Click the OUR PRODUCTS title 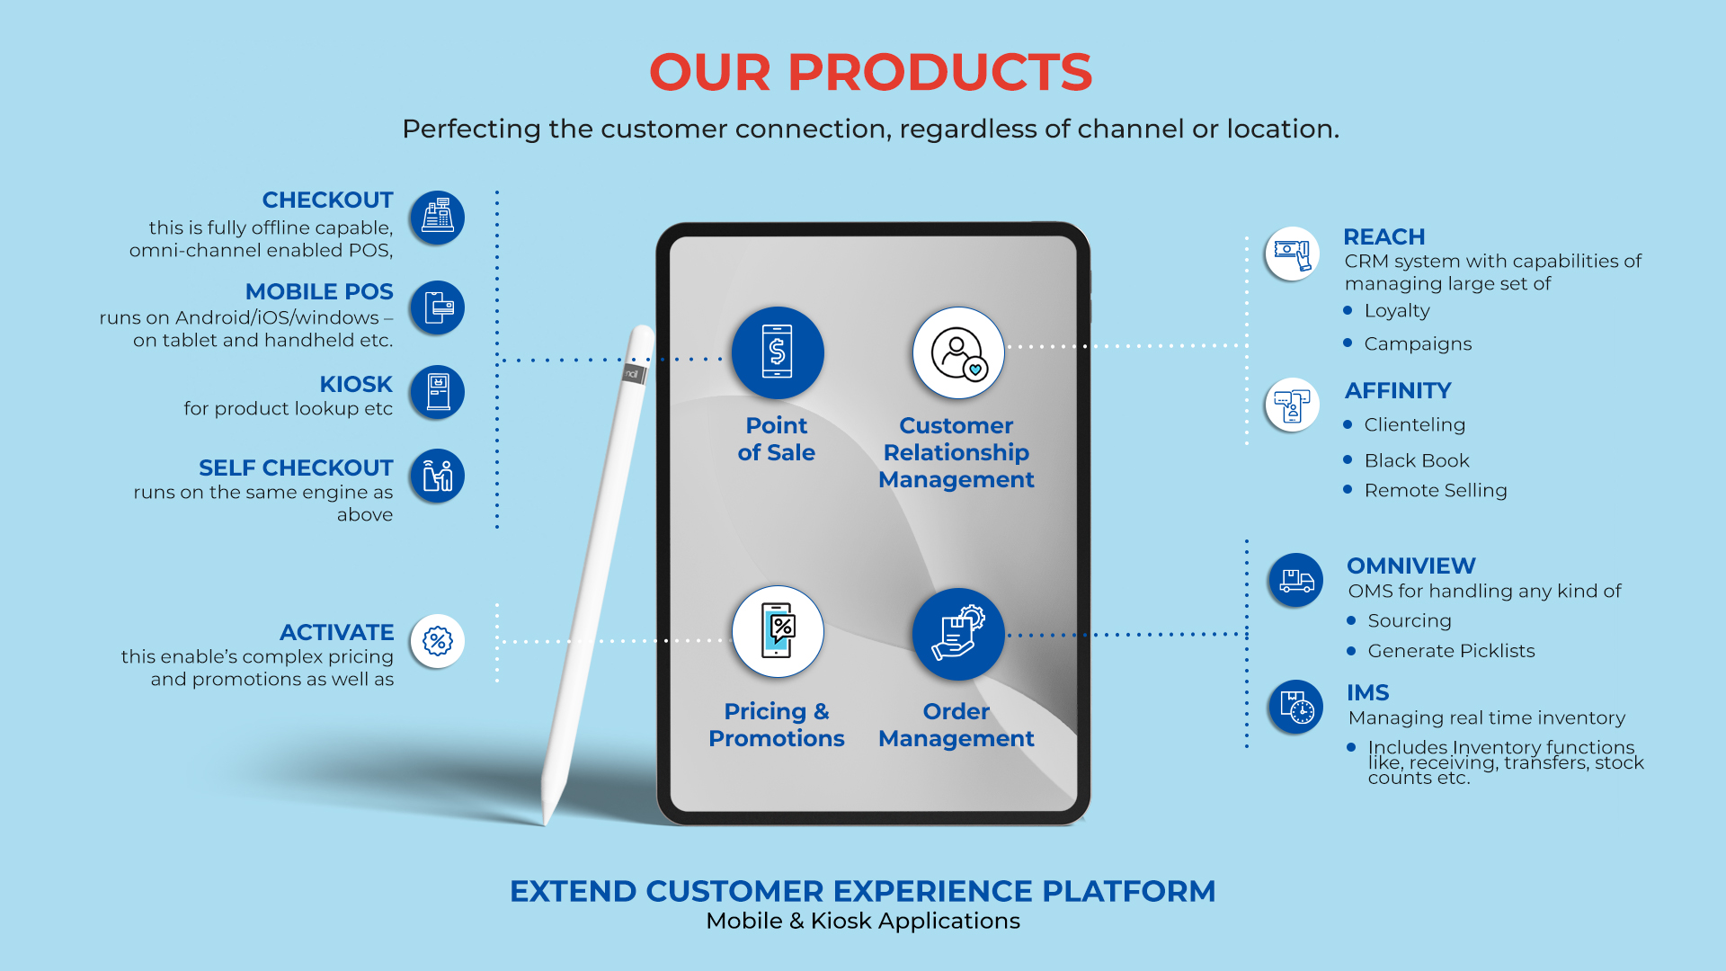pos(870,72)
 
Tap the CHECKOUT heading pos(327,200)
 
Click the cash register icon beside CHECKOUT pos(437,218)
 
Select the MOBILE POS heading pos(319,291)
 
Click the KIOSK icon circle pos(437,392)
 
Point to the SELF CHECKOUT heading pos(296,468)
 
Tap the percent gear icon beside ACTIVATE pos(437,641)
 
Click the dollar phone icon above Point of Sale pos(778,352)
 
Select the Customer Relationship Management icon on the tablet pos(958,352)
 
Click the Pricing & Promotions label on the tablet pos(777,725)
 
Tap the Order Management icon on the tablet pos(958,634)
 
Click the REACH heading pos(1383,236)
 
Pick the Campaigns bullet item pos(1418,343)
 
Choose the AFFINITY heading pos(1398,390)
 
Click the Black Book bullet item pos(1417,460)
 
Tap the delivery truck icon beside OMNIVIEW pos(1295,580)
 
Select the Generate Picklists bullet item pos(1451,651)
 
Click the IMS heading pos(1367,692)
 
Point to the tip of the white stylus pos(546,822)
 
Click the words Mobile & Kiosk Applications pos(863,921)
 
